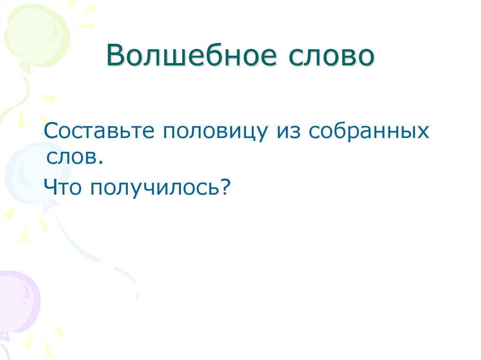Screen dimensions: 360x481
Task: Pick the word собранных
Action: pos(369,132)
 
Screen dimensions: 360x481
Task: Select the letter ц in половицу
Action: pos(248,134)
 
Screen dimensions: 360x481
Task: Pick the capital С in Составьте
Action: pos(51,132)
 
